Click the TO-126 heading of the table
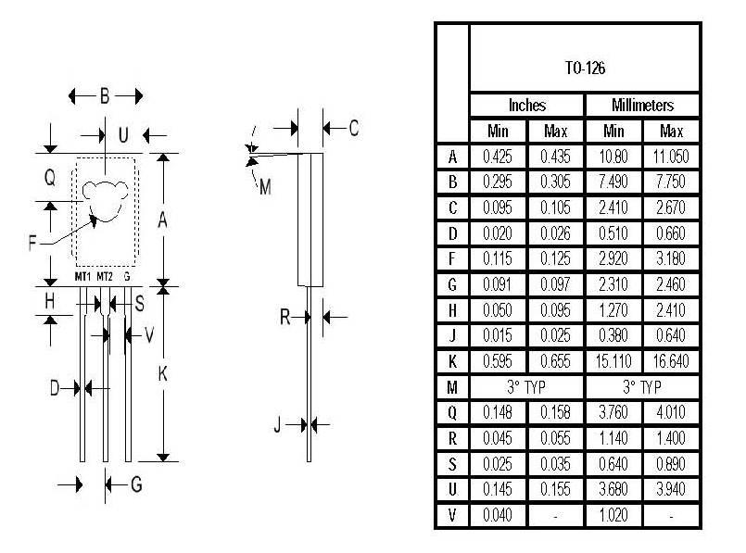[x=585, y=68]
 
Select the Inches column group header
[x=526, y=106]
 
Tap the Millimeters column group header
[x=642, y=106]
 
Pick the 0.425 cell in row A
[x=498, y=157]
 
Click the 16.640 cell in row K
[x=671, y=360]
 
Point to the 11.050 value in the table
[x=671, y=157]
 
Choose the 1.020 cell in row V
[x=613, y=514]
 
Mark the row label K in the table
[x=451, y=360]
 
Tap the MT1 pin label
[x=82, y=277]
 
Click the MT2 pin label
[x=105, y=277]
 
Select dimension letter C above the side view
[x=353, y=129]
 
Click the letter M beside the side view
[x=265, y=187]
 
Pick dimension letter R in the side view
[x=285, y=317]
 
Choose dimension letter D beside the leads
[x=56, y=387]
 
